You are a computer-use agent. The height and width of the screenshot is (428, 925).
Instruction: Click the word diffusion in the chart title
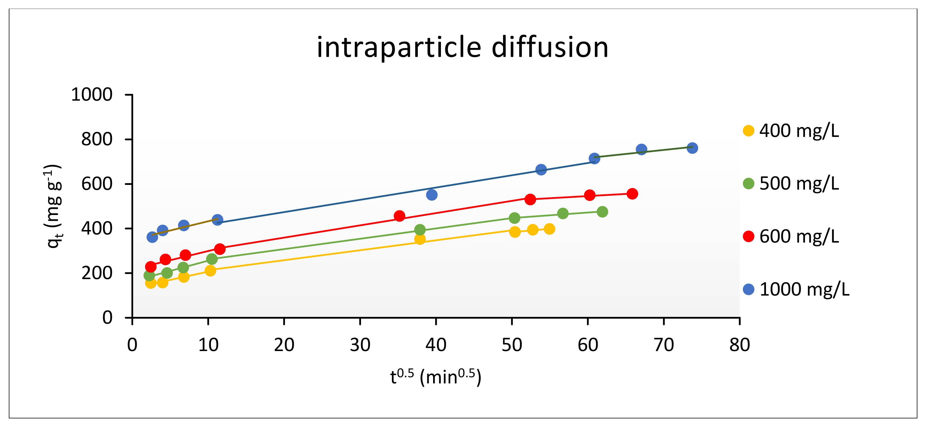[x=550, y=47]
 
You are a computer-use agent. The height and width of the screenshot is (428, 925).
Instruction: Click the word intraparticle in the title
[x=399, y=47]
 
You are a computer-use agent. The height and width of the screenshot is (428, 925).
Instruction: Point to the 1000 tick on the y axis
[x=92, y=95]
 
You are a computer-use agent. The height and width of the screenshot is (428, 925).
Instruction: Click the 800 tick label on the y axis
[x=97, y=139]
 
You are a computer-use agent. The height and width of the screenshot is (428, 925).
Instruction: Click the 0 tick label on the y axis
[x=107, y=318]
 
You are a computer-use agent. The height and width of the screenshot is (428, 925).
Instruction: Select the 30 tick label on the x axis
[x=360, y=345]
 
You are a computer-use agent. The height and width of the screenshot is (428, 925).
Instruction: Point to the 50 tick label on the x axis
[x=512, y=345]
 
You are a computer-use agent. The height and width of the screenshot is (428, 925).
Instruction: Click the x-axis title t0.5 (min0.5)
[x=436, y=377]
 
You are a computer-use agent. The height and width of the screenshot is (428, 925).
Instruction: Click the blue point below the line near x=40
[x=432, y=195]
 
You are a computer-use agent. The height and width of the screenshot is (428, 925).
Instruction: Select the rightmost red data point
[x=632, y=194]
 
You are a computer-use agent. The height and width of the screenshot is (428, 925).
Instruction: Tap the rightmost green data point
[x=602, y=212]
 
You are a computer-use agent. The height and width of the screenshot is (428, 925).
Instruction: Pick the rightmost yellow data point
[x=549, y=229]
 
